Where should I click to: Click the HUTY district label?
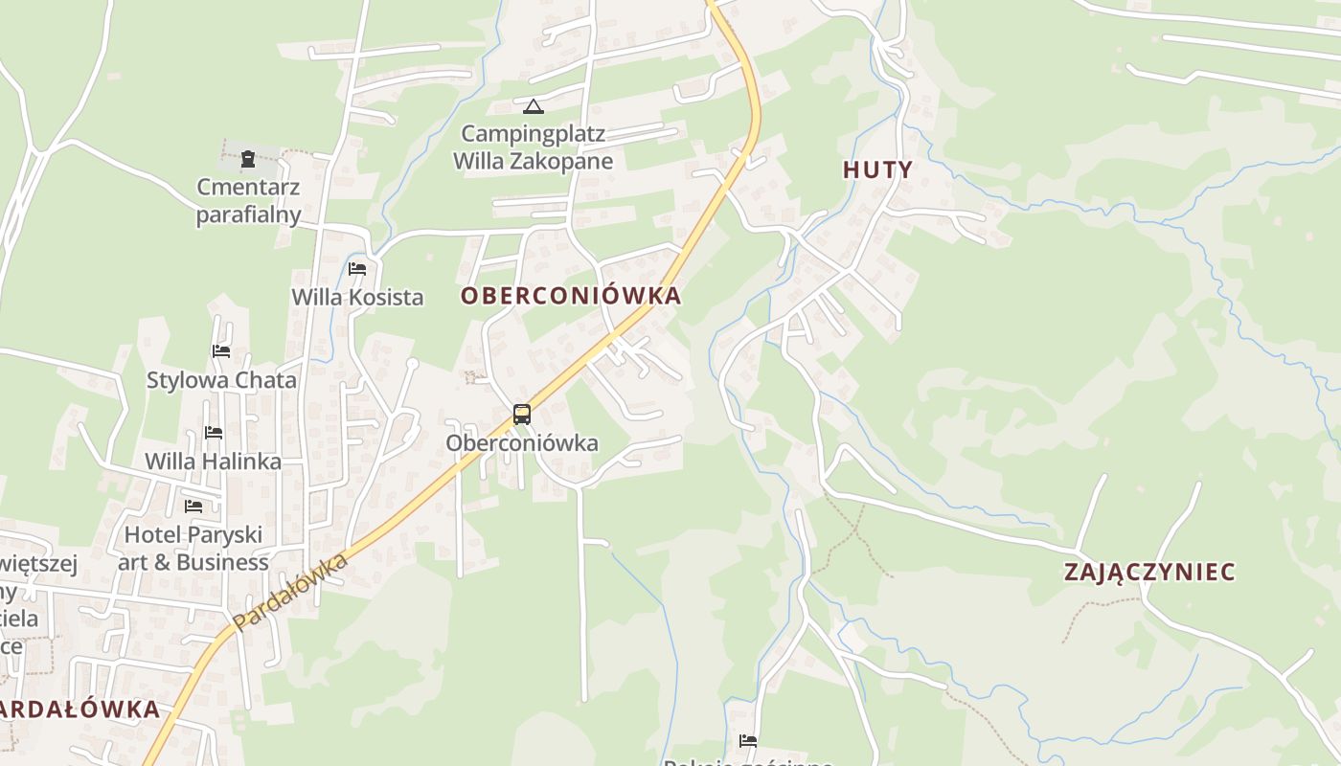click(877, 169)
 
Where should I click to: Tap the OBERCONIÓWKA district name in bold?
click(571, 296)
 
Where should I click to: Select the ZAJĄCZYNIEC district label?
click(1149, 573)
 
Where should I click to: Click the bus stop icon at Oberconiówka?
click(522, 415)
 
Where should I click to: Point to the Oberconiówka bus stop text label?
click(522, 443)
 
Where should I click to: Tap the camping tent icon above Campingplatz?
click(534, 106)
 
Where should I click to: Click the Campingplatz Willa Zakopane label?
click(534, 147)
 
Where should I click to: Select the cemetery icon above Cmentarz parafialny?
click(248, 159)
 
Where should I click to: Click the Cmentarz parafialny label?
click(248, 201)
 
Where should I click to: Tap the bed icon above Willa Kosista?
click(357, 269)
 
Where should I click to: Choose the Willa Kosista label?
click(357, 298)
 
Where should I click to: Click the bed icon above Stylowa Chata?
click(221, 351)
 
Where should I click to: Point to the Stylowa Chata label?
click(221, 380)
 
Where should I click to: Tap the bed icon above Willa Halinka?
click(214, 433)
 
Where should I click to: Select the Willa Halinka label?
click(214, 462)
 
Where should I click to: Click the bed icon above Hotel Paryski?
click(193, 506)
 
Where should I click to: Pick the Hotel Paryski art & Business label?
click(193, 549)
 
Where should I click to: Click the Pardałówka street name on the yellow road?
click(289, 592)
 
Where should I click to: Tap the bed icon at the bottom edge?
click(748, 740)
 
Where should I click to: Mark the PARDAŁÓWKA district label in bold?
click(81, 710)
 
